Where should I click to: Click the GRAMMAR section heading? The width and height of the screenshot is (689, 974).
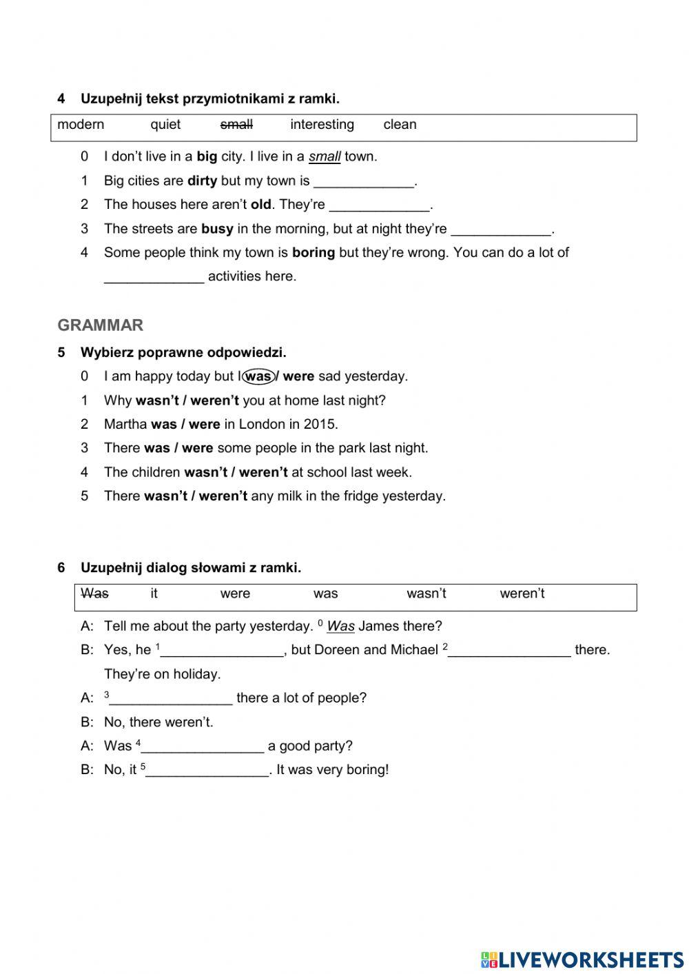point(101,325)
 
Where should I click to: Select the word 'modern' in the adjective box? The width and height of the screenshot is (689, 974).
point(81,125)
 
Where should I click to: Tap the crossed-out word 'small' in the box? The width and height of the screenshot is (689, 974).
point(236,125)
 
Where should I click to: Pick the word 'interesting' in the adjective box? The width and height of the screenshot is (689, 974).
point(322,125)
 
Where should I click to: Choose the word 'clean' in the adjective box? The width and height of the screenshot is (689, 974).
point(400,125)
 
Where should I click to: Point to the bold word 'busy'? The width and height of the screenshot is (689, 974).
point(217,229)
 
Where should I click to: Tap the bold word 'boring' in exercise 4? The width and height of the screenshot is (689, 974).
point(313,252)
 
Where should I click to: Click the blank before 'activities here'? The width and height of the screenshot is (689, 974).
point(154,276)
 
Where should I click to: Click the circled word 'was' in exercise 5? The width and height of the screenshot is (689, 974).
point(258,376)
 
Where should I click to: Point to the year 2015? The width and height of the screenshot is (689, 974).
point(319,424)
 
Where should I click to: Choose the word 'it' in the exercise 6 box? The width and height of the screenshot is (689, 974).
point(154,593)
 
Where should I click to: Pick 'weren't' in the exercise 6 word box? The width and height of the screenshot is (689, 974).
point(522,593)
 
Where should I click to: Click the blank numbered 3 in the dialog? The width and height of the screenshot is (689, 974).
point(170,698)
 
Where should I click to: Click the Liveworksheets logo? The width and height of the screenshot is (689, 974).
point(582,959)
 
